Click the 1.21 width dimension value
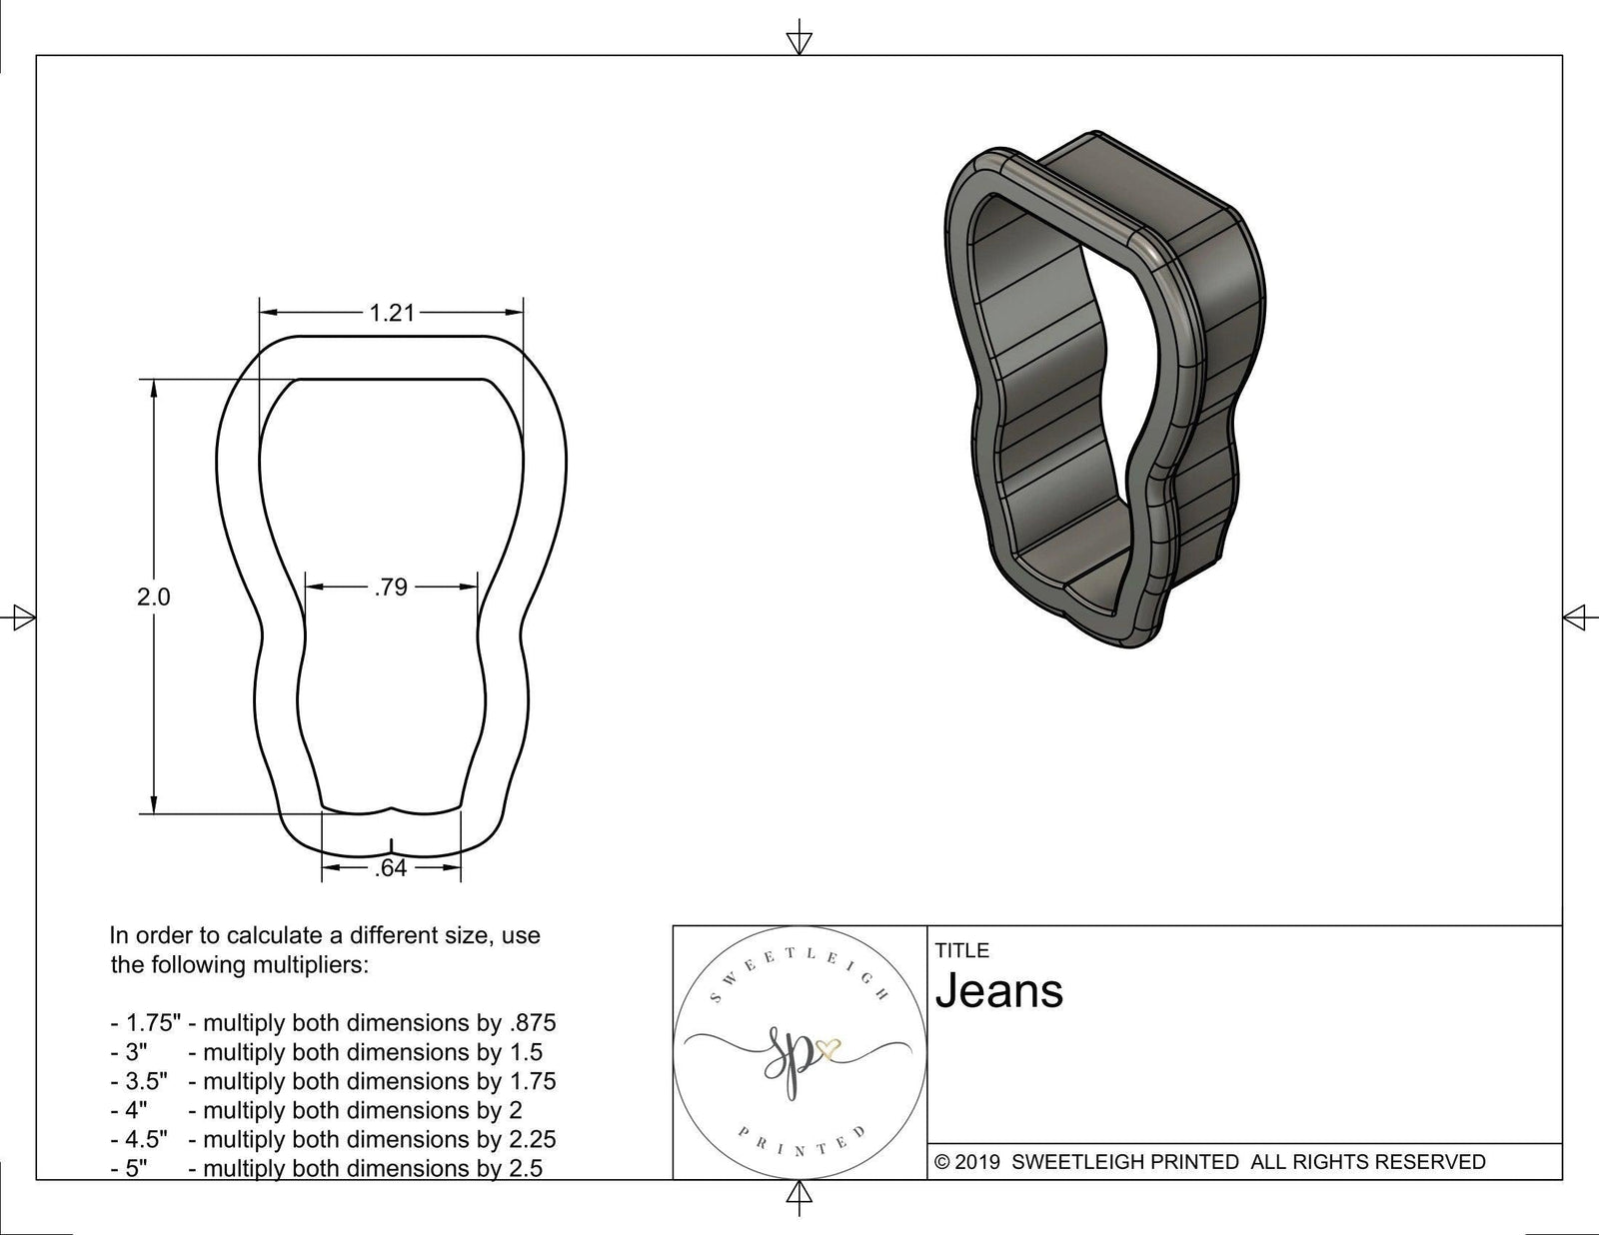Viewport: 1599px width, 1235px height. click(x=391, y=313)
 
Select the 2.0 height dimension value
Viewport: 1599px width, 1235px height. click(x=153, y=598)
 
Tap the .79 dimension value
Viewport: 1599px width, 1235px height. click(x=391, y=588)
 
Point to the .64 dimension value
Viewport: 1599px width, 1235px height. click(x=391, y=868)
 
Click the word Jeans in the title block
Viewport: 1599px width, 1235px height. click(x=999, y=991)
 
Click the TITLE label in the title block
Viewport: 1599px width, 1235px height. click(x=961, y=950)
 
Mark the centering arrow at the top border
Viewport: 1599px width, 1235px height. click(x=799, y=40)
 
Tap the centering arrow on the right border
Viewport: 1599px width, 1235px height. click(x=1575, y=617)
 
